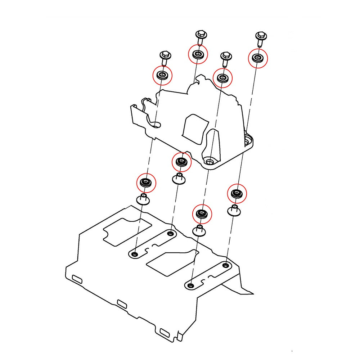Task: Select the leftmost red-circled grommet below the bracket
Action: (146, 183)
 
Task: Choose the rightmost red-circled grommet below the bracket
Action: (237, 194)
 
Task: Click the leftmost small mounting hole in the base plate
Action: (135, 254)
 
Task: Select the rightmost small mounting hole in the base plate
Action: (225, 266)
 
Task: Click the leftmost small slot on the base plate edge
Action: (77, 279)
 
